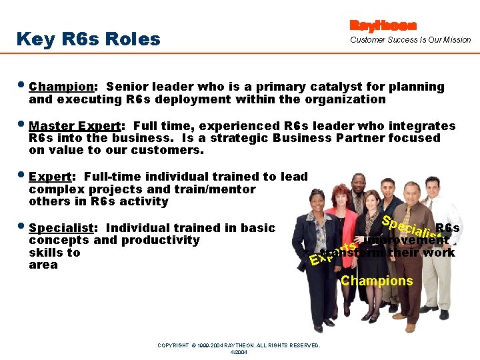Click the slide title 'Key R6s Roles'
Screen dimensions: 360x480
(x=88, y=39)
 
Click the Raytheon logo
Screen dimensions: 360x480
(x=383, y=25)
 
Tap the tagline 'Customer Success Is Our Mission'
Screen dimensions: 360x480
(x=411, y=40)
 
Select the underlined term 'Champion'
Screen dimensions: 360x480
(x=61, y=87)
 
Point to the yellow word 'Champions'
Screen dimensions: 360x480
(x=377, y=281)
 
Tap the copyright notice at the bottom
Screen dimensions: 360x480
(x=239, y=345)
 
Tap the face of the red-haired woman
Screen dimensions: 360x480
(x=341, y=196)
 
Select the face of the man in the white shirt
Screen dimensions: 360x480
(x=435, y=185)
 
